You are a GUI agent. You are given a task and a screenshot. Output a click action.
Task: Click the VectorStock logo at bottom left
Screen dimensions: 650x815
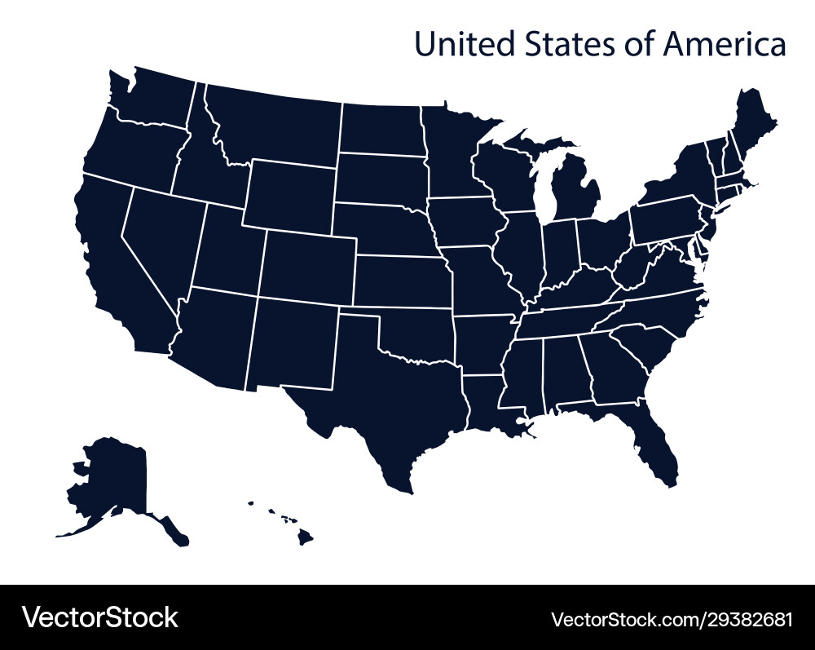[99, 617]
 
